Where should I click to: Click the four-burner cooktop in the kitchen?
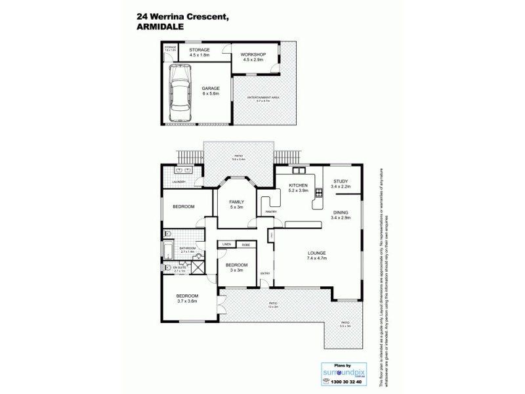click(x=319, y=193)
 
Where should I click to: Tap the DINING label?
click(x=341, y=213)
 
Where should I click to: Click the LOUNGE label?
click(x=316, y=253)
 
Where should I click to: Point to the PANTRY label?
click(x=270, y=211)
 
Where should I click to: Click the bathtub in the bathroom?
click(x=168, y=250)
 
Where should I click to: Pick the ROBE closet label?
click(x=245, y=244)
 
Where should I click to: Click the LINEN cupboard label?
click(x=227, y=244)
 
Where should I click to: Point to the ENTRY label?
click(x=265, y=273)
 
